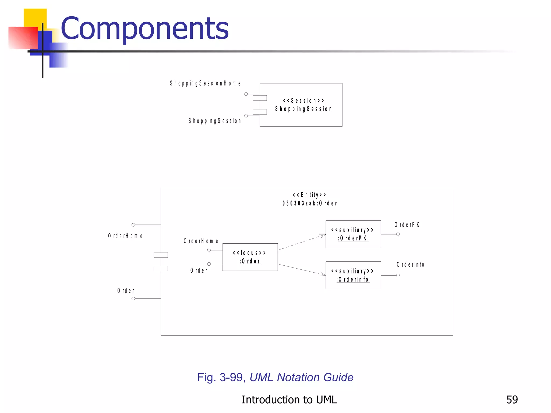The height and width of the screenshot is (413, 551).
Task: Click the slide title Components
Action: coord(145,28)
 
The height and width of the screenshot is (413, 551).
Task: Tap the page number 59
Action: coord(512,400)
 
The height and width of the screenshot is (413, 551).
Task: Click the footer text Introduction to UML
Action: coord(289,400)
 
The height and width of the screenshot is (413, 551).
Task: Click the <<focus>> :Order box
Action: coord(250,257)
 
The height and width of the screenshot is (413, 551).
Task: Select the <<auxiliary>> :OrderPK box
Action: coord(353,234)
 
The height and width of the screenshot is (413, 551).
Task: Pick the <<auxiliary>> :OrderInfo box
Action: coord(353,275)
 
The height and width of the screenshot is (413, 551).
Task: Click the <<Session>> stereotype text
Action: coord(303,101)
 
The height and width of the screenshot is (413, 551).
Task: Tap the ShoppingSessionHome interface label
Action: coord(205,83)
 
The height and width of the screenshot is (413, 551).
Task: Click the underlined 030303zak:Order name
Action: coord(310,203)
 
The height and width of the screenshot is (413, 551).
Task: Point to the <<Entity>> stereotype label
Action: coord(309,195)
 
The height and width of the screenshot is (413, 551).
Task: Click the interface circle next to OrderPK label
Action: coord(398,234)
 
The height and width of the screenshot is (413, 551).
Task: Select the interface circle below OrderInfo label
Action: coord(398,275)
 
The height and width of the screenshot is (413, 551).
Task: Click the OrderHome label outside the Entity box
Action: coord(125,236)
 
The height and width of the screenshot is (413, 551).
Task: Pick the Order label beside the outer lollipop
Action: coord(126,291)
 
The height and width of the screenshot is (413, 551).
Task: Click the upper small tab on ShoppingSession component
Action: coord(260,98)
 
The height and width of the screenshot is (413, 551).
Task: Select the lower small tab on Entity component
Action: coord(161,268)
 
